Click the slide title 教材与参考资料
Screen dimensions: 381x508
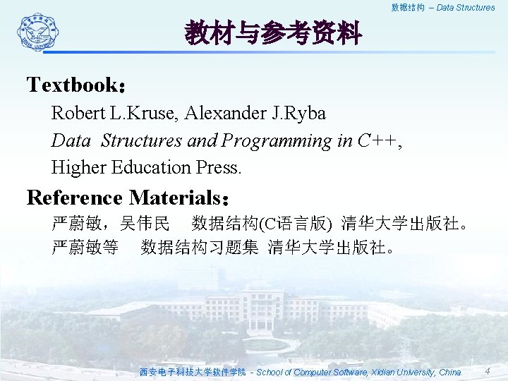[x=273, y=32]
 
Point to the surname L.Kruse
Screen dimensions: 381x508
[x=132, y=113]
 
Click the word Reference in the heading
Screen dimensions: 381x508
[x=75, y=197]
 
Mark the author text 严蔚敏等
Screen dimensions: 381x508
[x=85, y=248]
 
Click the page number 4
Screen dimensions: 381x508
[x=487, y=371]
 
